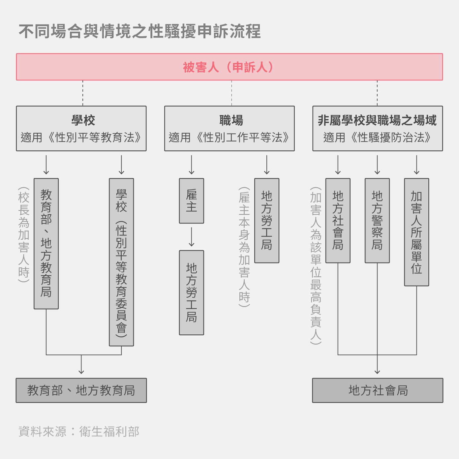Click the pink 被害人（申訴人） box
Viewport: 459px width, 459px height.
[229, 67]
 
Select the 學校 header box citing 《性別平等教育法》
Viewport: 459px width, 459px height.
[81, 128]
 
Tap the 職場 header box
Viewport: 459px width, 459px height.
[229, 128]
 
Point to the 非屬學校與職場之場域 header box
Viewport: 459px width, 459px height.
[378, 128]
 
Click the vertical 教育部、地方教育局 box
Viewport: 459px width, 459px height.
[46, 244]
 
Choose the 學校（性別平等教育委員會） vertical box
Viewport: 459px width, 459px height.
[121, 262]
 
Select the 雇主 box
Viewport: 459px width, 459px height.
[192, 201]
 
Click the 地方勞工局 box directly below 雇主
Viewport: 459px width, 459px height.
[192, 292]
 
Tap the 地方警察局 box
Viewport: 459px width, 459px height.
[377, 221]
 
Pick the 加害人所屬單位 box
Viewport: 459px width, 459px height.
[416, 232]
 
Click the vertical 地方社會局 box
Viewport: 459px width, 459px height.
[338, 221]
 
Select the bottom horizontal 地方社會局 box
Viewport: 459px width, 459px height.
[378, 390]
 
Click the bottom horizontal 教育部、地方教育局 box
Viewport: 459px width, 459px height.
[81, 390]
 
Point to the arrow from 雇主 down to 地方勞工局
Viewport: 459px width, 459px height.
[192, 237]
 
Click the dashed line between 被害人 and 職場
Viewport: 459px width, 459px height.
[231, 93]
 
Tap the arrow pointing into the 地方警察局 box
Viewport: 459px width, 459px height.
[377, 165]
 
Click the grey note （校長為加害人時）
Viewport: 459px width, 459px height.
[24, 235]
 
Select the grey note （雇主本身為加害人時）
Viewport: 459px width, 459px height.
[244, 247]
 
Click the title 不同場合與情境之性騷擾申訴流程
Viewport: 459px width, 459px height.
[140, 31]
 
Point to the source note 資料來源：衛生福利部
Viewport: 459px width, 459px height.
[78, 432]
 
